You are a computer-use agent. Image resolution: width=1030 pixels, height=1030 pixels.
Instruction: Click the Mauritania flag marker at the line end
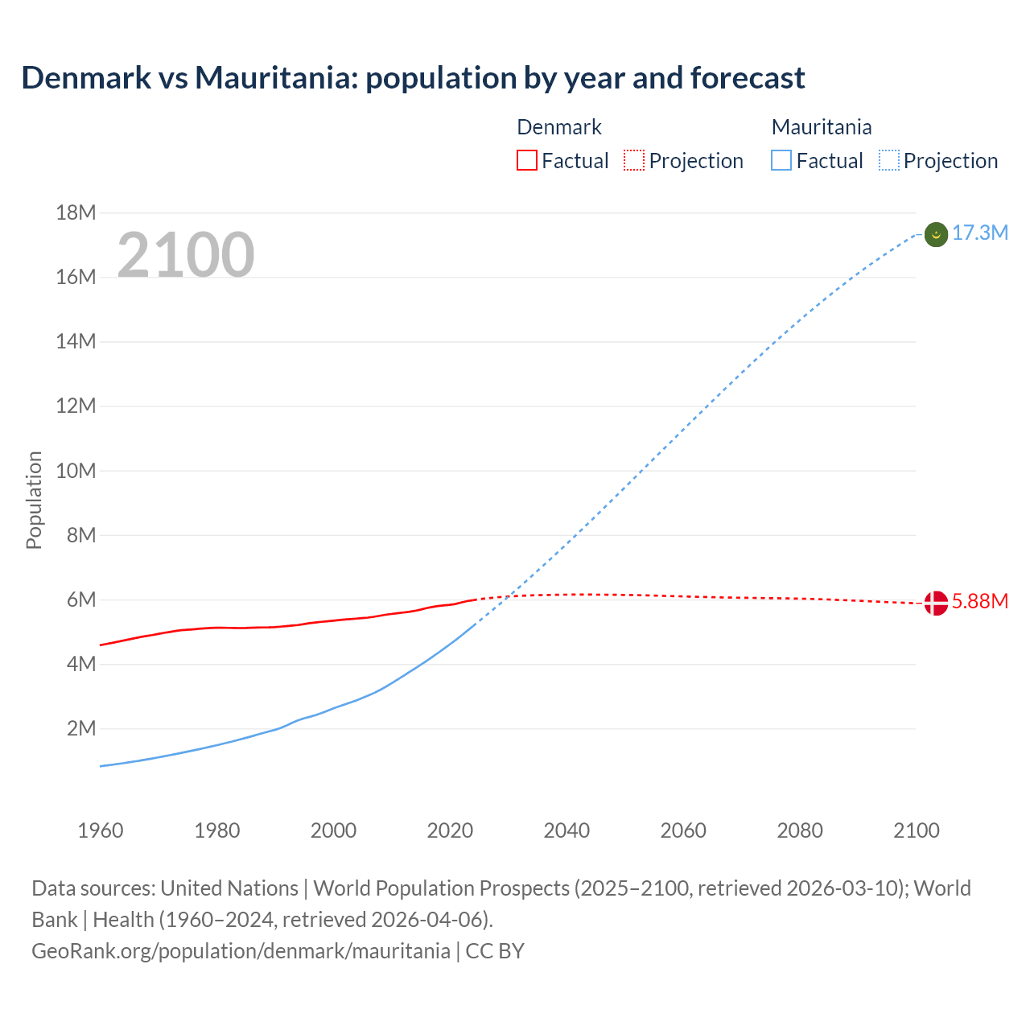tap(936, 235)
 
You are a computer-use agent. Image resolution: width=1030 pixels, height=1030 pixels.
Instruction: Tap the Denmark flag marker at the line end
tap(936, 603)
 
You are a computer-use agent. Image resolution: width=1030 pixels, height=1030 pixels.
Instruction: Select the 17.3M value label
tap(979, 233)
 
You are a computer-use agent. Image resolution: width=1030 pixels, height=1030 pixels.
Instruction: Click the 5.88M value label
tap(979, 602)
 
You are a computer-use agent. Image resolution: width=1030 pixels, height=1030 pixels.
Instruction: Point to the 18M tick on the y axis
tap(76, 213)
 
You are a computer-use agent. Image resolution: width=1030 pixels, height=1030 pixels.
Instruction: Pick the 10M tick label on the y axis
tap(76, 471)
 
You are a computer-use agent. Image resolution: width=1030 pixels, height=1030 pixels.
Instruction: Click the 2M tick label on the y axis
tap(81, 729)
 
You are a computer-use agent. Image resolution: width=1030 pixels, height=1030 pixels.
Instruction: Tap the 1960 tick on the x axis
tap(101, 830)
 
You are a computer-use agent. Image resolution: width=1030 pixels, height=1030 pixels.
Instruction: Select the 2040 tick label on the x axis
tap(566, 830)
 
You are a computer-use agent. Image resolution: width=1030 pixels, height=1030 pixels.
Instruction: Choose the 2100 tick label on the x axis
tap(917, 830)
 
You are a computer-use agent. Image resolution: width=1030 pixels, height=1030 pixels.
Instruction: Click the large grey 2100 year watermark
tap(186, 255)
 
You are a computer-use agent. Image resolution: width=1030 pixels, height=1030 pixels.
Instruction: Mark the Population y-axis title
tap(34, 500)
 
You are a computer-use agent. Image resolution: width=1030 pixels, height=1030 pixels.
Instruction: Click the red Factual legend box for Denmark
tap(527, 161)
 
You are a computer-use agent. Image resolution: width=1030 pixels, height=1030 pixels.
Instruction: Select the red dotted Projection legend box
tap(634, 161)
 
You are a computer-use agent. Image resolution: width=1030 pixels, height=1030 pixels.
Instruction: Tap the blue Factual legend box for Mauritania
tap(781, 161)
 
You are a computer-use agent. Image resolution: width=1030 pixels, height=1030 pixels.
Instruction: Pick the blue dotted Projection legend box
tap(889, 161)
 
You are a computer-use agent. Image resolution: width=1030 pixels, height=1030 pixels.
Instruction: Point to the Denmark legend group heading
tap(559, 127)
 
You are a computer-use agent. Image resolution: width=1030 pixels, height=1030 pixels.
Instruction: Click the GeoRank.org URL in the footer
tap(241, 951)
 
